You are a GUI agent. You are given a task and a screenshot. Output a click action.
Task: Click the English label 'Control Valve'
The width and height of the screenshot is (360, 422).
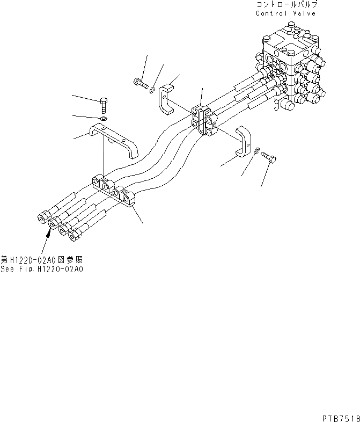coord(286,13)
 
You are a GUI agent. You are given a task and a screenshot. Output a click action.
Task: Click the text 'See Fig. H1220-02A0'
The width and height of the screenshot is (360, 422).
coord(42,270)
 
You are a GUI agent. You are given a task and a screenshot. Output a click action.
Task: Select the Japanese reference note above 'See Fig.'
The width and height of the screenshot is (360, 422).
coord(42,260)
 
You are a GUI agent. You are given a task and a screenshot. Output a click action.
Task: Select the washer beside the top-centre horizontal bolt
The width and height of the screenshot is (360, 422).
coord(153,89)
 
